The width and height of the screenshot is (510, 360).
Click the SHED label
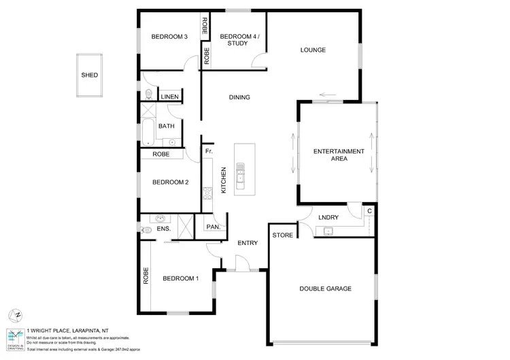(89, 75)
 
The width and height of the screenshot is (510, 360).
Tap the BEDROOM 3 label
(169, 37)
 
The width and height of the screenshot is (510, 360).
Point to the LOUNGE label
(313, 50)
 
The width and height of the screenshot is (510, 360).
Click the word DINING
(239, 97)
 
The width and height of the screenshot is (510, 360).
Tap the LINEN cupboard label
(169, 97)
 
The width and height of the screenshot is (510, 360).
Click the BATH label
(167, 126)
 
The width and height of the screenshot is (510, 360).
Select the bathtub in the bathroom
(148, 133)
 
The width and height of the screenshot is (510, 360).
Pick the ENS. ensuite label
(163, 229)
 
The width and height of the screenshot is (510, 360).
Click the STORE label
(283, 235)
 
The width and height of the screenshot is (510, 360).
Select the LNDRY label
(328, 217)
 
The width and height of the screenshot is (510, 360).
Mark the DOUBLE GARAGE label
(326, 289)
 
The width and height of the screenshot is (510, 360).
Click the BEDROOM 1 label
(180, 278)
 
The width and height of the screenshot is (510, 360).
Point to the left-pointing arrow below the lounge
(328, 95)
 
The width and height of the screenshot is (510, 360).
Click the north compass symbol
(15, 315)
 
